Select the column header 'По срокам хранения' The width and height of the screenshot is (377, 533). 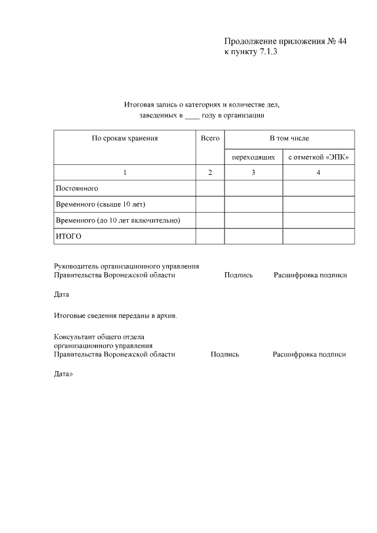pos(125,138)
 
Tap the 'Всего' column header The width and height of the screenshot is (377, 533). pos(210,138)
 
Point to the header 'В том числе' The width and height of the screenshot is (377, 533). pos(289,138)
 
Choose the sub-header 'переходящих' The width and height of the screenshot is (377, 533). pos(253,157)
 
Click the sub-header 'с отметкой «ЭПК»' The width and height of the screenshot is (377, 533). pos(319,157)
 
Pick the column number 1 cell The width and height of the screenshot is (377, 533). pos(125,173)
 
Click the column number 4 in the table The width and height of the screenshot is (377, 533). pos(319,173)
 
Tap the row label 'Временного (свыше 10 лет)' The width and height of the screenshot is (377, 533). pos(100,204)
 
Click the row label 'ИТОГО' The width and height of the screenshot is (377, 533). pos(68,236)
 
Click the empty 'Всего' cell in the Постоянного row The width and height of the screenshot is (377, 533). pos(210,188)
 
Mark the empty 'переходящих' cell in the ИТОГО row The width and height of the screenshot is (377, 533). pos(253,236)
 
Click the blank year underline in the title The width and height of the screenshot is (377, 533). pos(193,116)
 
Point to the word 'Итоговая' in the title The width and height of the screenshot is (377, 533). pos(138,105)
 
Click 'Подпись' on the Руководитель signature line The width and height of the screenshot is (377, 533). pos(239,275)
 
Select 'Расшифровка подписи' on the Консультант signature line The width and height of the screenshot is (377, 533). pos(309,355)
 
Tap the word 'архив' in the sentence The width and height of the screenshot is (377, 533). pos(166,315)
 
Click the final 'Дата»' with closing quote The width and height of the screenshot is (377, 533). pos(63,375)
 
